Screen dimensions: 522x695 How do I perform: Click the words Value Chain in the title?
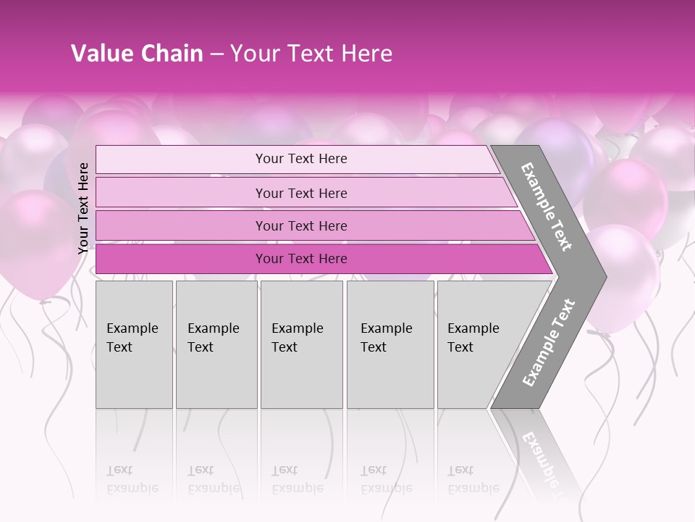pyautogui.click(x=137, y=54)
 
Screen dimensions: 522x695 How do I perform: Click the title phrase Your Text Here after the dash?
pyautogui.click(x=311, y=54)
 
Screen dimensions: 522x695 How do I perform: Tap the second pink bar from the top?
pyautogui.click(x=300, y=193)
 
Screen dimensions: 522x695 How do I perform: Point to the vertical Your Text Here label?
pyautogui.click(x=83, y=208)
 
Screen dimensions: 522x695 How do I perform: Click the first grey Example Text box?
pyautogui.click(x=134, y=344)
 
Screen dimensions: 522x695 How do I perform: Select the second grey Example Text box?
pyautogui.click(x=216, y=344)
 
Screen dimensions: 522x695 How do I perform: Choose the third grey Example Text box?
pyautogui.click(x=301, y=344)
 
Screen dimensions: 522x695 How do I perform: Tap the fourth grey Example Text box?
pyautogui.click(x=390, y=344)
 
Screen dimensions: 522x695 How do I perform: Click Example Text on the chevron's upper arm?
pyautogui.click(x=547, y=207)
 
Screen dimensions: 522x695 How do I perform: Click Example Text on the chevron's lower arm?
pyautogui.click(x=548, y=343)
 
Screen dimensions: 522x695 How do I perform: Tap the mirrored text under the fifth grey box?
pyautogui.click(x=473, y=479)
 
